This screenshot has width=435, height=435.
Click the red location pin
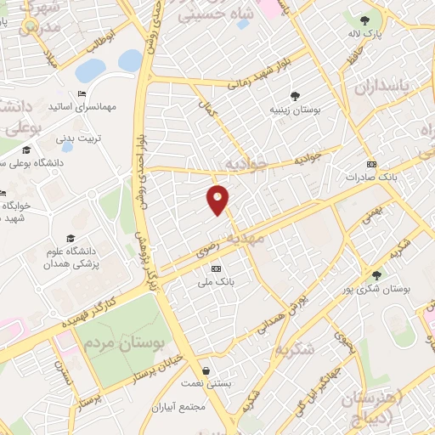click(218, 199)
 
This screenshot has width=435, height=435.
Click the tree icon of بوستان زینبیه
click(294, 97)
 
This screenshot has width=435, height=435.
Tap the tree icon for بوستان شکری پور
click(376, 274)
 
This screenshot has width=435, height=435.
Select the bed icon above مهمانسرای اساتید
click(82, 93)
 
